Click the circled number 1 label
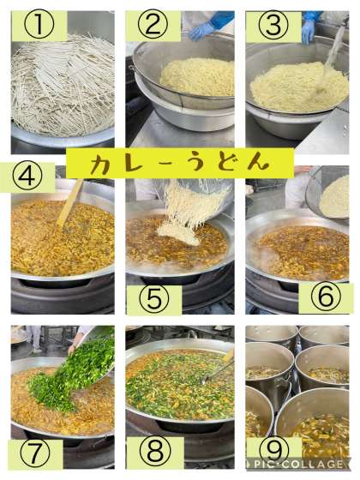point(39,26)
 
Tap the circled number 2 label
point(153,26)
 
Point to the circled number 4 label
point(27,177)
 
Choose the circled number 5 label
point(154,300)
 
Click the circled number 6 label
point(326,297)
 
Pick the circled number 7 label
point(34,454)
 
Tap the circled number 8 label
point(155,453)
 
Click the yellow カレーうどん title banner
point(180,163)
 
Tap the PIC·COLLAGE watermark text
point(298,465)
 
